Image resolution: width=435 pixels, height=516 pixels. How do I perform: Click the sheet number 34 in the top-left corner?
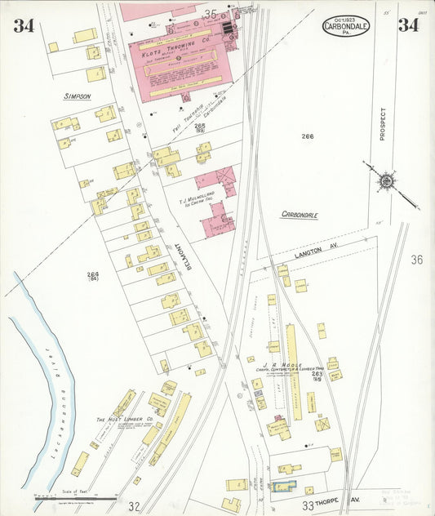pos(24,25)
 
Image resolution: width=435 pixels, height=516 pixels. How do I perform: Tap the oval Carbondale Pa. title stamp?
pos(345,25)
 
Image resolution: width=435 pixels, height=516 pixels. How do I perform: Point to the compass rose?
pos(386,179)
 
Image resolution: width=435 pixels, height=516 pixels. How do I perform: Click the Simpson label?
pos(77,96)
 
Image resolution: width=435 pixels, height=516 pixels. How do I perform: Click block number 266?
pos(307,136)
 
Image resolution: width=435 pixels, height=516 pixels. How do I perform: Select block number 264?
pos(92,274)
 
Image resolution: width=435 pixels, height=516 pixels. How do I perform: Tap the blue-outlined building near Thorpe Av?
pos(283,487)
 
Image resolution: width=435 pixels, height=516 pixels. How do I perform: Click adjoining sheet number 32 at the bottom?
pos(134,506)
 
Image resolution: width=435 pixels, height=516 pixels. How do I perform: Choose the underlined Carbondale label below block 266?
pos(300,215)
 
